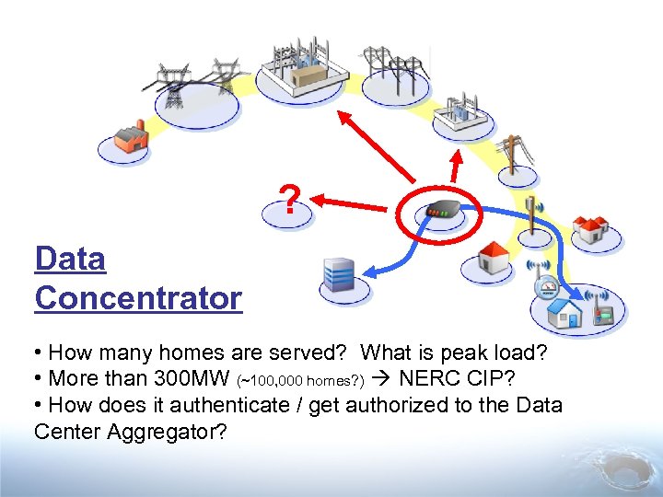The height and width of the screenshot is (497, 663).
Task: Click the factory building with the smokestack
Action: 130,137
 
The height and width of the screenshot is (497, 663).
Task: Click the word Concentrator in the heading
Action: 138,297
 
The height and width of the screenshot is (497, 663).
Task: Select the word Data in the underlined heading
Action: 70,259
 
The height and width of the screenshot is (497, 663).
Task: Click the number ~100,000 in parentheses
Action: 274,380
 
